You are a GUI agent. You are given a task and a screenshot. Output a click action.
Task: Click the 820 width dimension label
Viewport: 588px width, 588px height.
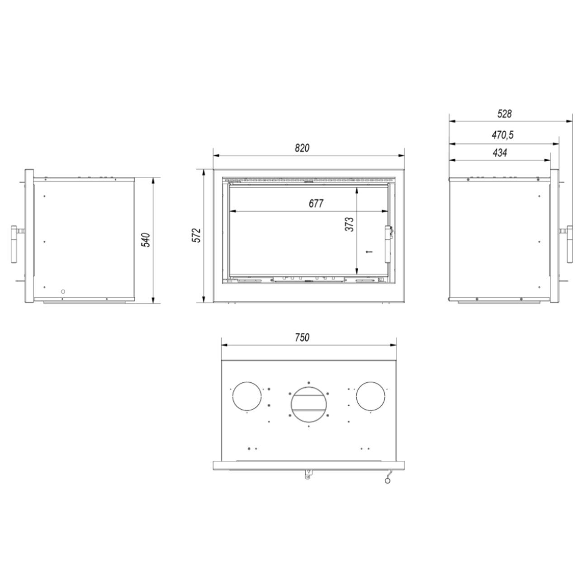coord(302,148)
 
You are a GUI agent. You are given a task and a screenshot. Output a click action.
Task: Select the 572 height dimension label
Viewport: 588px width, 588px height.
coord(198,235)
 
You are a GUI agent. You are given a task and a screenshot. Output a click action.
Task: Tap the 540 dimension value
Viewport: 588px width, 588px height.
coord(147,240)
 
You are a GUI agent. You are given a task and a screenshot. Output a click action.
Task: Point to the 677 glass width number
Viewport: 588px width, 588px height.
coord(316,204)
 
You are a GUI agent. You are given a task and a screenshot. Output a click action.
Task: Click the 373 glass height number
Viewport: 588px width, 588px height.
coord(350,224)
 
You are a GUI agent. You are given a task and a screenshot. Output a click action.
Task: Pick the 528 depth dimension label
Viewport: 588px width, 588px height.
coord(504,114)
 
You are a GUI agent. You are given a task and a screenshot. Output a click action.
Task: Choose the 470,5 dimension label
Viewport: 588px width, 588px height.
coord(503,135)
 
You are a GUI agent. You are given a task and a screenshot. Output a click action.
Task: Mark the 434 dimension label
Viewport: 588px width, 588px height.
coord(500,152)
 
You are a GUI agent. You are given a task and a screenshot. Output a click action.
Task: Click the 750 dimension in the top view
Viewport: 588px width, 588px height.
coord(302,337)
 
